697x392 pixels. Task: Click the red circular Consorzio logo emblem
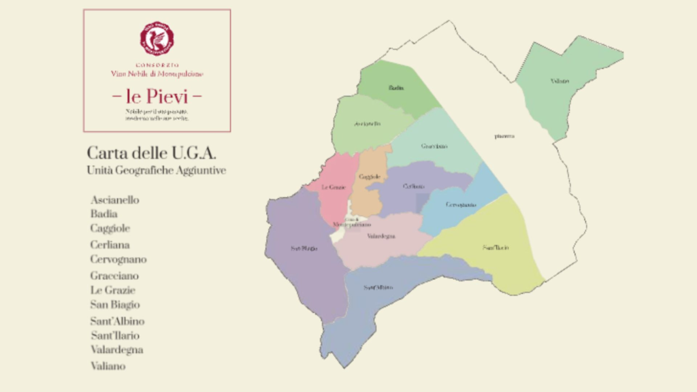click(157, 38)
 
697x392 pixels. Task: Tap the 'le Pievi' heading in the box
click(157, 95)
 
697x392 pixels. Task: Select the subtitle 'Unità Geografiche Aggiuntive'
click(156, 170)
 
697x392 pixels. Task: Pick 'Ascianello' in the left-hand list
click(114, 200)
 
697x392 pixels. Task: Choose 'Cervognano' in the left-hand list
click(118, 259)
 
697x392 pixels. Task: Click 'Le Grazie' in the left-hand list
click(112, 290)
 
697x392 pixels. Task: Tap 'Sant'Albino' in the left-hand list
click(117, 321)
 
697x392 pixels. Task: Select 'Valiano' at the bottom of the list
click(108, 366)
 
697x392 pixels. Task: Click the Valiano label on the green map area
click(560, 82)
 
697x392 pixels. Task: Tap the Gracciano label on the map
click(434, 146)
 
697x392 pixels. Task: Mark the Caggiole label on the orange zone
click(369, 177)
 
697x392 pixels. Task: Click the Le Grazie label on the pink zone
click(334, 186)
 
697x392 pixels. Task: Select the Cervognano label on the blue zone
click(461, 205)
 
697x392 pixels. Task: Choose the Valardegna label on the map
click(381, 237)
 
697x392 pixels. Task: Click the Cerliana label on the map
click(414, 186)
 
